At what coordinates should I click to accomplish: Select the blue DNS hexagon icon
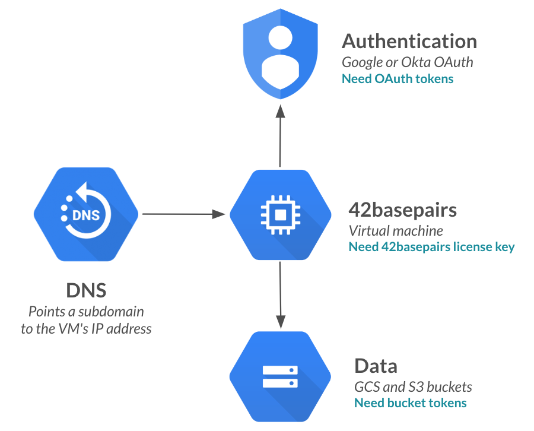(86, 214)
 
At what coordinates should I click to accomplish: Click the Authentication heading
(409, 42)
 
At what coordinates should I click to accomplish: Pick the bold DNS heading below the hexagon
(86, 291)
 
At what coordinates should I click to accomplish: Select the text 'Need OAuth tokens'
(398, 79)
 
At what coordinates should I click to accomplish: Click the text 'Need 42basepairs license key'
(431, 247)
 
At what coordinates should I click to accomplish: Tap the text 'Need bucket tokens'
(410, 403)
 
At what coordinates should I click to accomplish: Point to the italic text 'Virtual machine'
(396, 230)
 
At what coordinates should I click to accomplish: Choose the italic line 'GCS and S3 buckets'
(413, 387)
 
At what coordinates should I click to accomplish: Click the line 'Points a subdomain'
(86, 311)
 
